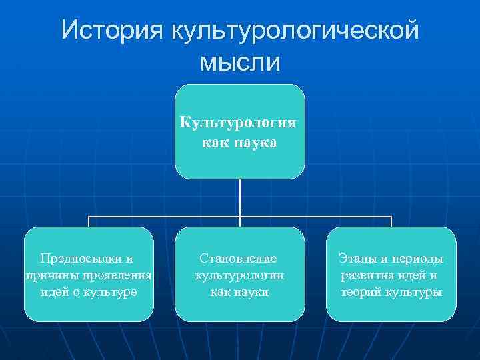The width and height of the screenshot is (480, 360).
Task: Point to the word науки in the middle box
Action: coord(254,292)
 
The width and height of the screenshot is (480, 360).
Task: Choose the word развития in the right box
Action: coord(365,275)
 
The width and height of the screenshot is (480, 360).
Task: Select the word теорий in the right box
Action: coord(361,292)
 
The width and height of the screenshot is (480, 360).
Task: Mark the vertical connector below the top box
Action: coord(240,197)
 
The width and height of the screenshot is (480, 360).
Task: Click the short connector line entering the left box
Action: coord(89,221)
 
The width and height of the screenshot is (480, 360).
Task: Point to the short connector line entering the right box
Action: coord(391,221)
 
